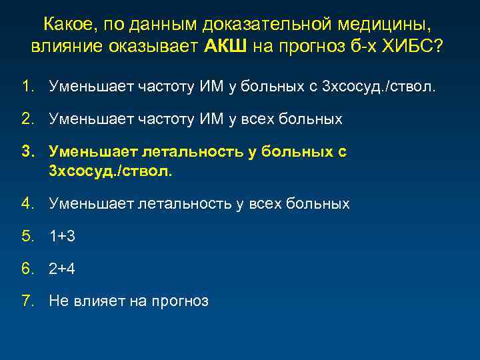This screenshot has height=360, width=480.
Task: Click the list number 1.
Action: [26, 86]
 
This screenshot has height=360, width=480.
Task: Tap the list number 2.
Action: [27, 119]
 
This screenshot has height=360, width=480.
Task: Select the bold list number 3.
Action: [27, 152]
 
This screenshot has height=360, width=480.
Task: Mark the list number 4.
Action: [27, 203]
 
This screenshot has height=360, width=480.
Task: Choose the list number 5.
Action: [27, 236]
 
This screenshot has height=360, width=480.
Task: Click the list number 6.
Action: [27, 269]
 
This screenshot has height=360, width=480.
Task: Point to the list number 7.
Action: [27, 301]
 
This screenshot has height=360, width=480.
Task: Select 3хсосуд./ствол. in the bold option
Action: [110, 171]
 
